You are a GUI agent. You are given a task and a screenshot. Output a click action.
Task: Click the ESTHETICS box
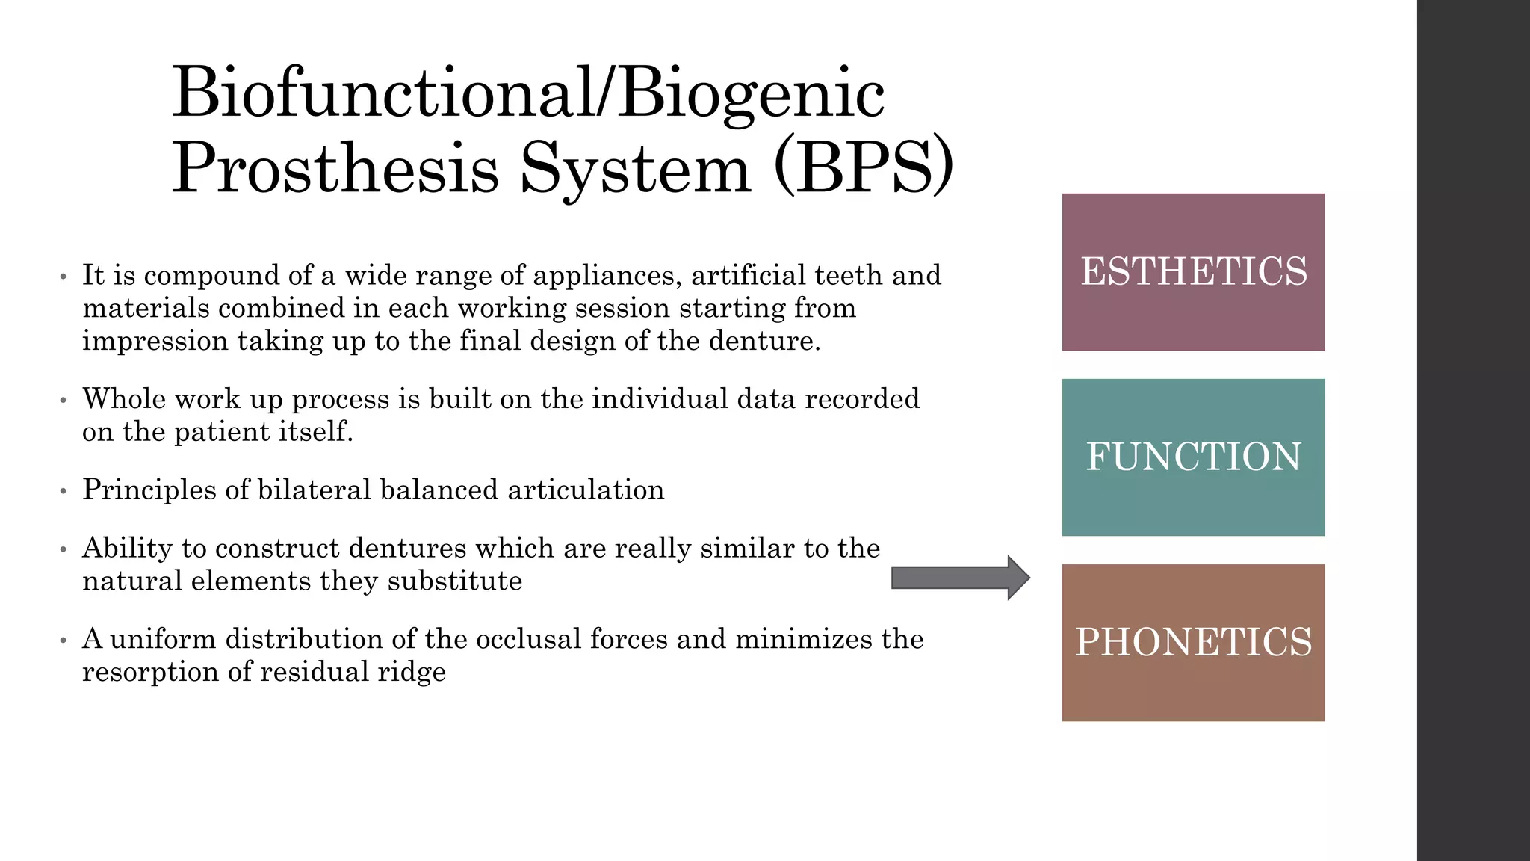(1193, 272)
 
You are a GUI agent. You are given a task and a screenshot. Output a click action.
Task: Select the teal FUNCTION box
(1193, 457)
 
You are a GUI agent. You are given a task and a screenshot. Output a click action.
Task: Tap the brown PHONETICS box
(1193, 643)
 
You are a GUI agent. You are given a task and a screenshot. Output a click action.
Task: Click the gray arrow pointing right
(960, 578)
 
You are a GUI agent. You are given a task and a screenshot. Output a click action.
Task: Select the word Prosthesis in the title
(335, 167)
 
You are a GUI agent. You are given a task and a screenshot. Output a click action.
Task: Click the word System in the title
(635, 167)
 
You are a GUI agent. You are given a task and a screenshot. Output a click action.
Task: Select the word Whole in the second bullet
(123, 399)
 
